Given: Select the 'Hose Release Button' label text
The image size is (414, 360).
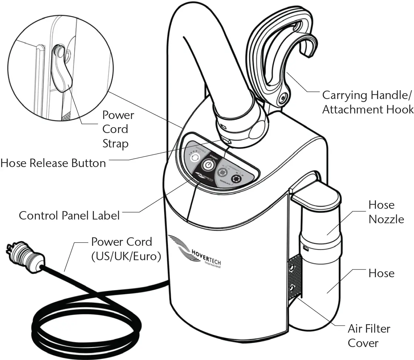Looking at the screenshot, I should [x=53, y=163].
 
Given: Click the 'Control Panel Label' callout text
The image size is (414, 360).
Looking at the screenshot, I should [x=69, y=215].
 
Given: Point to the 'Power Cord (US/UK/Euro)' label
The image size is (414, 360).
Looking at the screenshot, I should [x=126, y=249].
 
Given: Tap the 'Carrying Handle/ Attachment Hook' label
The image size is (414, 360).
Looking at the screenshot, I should [x=367, y=102].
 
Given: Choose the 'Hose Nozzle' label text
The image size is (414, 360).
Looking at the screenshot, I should [x=386, y=212].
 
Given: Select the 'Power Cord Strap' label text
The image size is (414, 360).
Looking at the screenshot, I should [x=118, y=129].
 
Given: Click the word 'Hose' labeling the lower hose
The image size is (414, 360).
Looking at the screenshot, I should [x=381, y=273].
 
